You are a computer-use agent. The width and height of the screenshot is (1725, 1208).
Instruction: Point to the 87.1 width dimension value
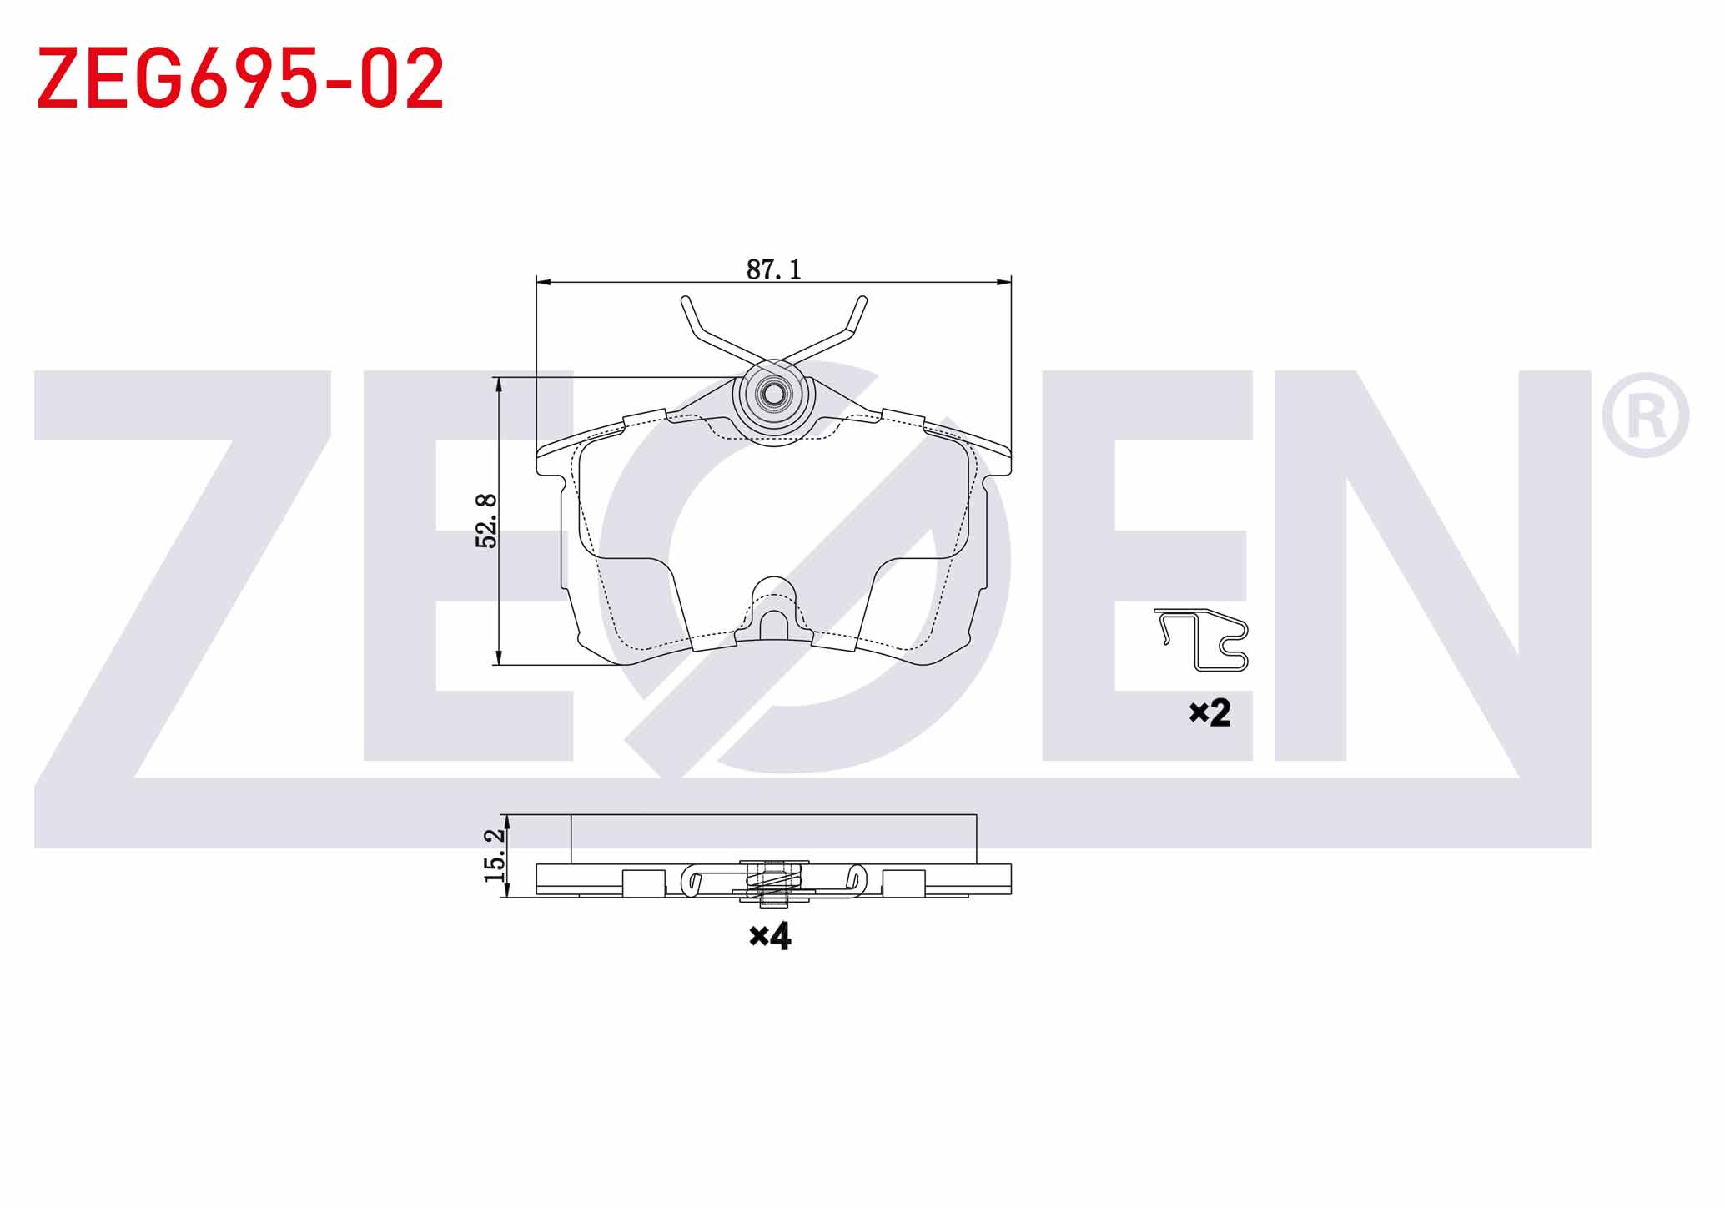tap(773, 269)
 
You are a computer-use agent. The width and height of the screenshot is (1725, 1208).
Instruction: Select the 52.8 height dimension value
tap(486, 521)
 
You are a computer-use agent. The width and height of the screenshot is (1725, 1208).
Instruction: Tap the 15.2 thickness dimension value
tap(494, 855)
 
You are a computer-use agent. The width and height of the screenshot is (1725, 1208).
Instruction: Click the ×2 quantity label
tap(1210, 712)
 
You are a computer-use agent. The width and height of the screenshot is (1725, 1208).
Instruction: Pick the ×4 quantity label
tap(770, 936)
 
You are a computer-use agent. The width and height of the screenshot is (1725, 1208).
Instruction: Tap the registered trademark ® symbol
tap(1645, 415)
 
